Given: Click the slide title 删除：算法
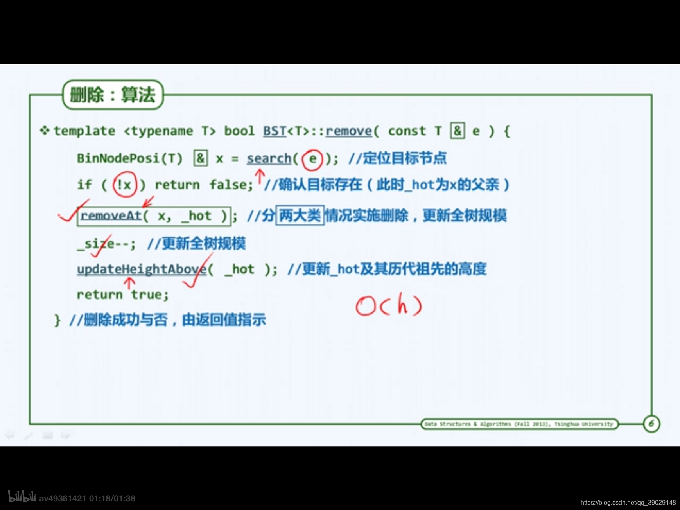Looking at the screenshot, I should click(113, 95).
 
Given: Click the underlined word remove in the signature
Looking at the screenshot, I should click(348, 131).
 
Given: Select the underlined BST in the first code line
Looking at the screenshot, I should click(275, 131).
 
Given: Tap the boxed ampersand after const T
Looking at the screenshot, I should click(457, 131).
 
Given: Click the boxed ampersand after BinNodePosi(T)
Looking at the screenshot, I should click(200, 158).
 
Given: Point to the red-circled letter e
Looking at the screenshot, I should click(313, 159).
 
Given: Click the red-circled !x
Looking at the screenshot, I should click(125, 184).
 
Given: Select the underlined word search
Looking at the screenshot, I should click(269, 158).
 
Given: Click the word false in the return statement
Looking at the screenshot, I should click(231, 184).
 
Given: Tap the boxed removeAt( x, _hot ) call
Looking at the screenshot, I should click(154, 216).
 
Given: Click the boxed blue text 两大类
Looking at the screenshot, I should click(300, 215).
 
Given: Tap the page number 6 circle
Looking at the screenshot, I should click(651, 424).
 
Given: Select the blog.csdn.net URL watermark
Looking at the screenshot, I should click(628, 503).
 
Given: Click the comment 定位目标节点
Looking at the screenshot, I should click(404, 158).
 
